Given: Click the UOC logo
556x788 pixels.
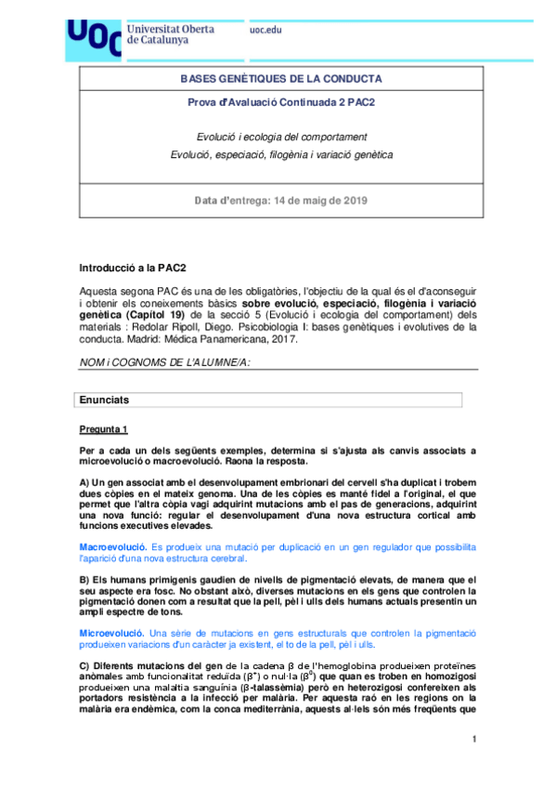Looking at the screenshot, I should tap(94, 36).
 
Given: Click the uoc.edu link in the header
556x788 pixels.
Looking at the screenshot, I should tap(265, 30).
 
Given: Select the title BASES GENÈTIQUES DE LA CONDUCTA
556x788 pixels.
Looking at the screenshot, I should tap(280, 79).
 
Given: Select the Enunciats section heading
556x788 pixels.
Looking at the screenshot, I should tap(105, 400).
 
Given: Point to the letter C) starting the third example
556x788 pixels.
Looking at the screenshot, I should tap(84, 670).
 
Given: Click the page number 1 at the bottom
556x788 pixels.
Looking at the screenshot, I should tap(473, 740).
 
